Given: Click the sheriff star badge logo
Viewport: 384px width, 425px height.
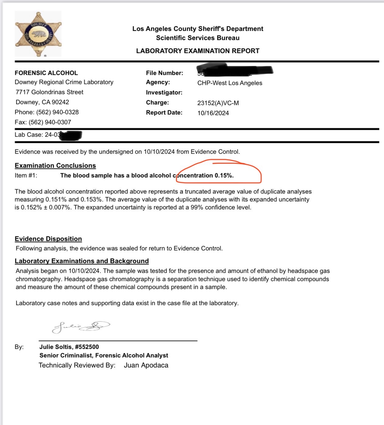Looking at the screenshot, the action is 38,34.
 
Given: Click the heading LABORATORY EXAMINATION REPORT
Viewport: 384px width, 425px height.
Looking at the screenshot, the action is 198,51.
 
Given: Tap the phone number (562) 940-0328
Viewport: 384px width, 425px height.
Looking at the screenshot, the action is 57,112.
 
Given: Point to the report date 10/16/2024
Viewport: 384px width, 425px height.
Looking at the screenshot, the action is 213,113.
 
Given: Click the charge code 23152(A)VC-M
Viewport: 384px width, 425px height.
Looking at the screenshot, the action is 218,103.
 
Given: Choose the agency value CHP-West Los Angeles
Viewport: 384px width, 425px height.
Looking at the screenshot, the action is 230,83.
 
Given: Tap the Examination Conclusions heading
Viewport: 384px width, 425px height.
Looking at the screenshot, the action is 55,166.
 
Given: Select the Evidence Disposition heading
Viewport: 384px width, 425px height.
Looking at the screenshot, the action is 48,239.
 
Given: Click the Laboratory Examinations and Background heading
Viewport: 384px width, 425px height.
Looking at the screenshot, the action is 82,261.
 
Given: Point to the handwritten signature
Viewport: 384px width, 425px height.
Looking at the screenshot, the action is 81,327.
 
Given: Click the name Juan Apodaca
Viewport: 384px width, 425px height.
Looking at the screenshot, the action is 146,365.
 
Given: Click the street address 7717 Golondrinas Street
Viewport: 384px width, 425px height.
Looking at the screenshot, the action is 50,92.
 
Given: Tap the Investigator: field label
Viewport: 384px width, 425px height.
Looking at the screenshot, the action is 164,92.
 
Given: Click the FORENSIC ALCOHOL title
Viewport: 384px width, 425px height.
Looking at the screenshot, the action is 46,73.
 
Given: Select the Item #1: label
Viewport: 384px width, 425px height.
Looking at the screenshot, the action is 26,175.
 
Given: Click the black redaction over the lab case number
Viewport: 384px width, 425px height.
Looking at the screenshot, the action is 71,135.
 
